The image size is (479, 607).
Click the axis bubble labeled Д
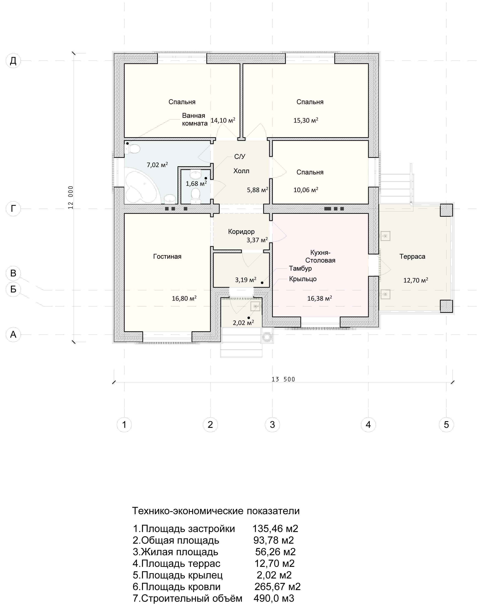(13, 61)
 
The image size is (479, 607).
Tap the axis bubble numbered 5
(446, 425)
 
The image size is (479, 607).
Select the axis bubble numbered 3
(272, 425)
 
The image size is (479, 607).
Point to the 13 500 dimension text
(283, 379)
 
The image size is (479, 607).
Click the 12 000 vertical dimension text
(71, 197)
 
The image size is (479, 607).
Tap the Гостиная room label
(167, 257)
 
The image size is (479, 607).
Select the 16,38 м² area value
(320, 298)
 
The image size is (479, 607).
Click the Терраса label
(412, 257)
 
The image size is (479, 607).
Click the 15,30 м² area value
(306, 120)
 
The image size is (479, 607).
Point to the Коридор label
(241, 232)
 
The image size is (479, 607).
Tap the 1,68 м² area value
(196, 184)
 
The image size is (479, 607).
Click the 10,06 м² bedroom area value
(306, 190)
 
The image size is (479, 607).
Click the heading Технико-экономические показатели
(216, 511)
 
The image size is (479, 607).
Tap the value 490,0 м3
(274, 598)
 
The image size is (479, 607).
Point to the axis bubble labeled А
(13, 335)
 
